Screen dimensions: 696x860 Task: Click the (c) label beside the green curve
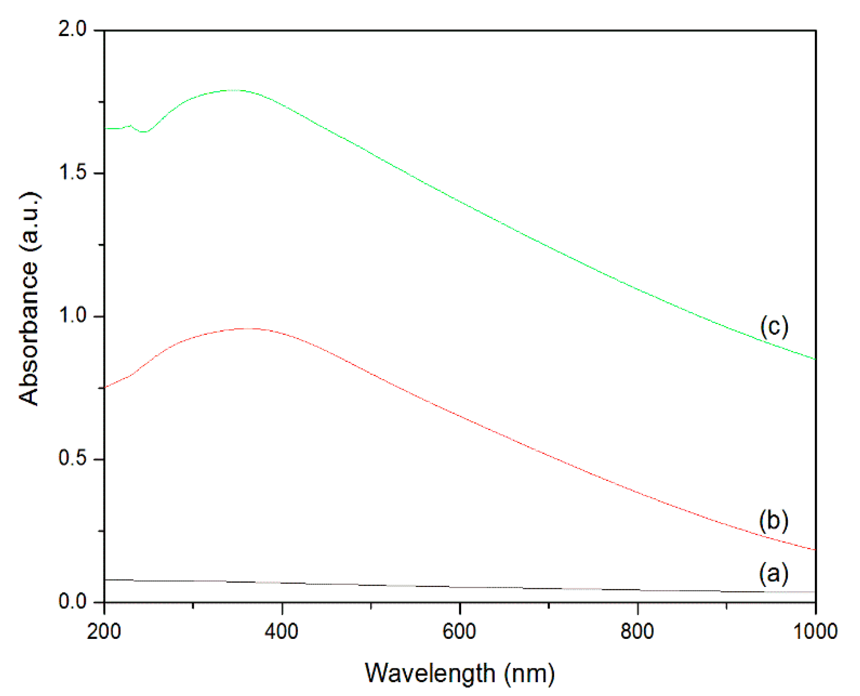click(774, 326)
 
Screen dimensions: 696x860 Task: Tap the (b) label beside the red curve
click(774, 520)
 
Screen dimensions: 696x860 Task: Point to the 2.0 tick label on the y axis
click(73, 29)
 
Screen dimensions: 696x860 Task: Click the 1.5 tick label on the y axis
click(73, 173)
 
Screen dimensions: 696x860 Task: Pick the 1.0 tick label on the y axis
click(73, 316)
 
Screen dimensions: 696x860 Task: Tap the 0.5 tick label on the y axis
click(73, 458)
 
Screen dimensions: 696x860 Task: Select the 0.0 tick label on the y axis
click(73, 601)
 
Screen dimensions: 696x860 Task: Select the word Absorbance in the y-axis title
click(29, 334)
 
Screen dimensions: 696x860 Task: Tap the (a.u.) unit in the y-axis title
click(29, 223)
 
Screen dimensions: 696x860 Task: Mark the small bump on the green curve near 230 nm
click(130, 126)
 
